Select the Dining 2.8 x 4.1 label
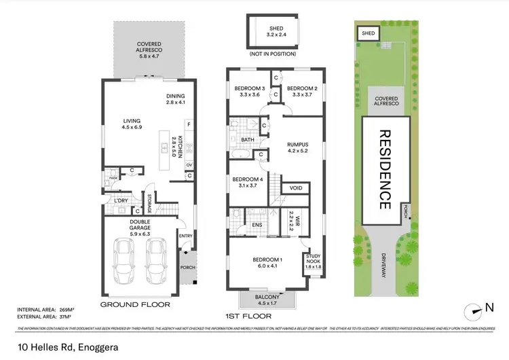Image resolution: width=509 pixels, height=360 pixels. (x=176, y=99)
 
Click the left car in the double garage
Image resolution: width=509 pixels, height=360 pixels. (x=124, y=264)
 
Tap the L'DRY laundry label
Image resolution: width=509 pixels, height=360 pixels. (x=121, y=200)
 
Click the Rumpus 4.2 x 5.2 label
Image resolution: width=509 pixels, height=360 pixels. (x=298, y=147)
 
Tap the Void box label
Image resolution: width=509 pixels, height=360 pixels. (x=296, y=188)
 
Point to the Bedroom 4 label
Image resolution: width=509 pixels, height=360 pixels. (x=242, y=183)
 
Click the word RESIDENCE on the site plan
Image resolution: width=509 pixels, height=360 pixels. (x=385, y=169)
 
